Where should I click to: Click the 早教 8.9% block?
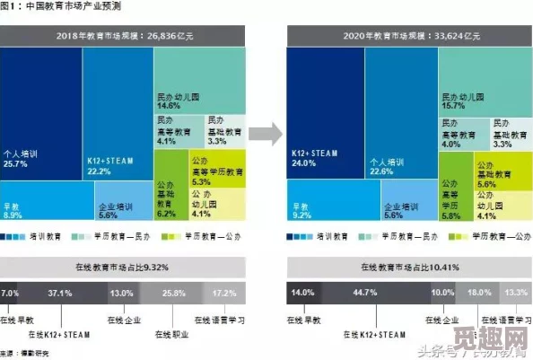tap(47, 202)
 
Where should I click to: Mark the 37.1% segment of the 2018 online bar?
tap(60, 294)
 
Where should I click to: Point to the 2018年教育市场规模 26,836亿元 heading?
tap(123, 35)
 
